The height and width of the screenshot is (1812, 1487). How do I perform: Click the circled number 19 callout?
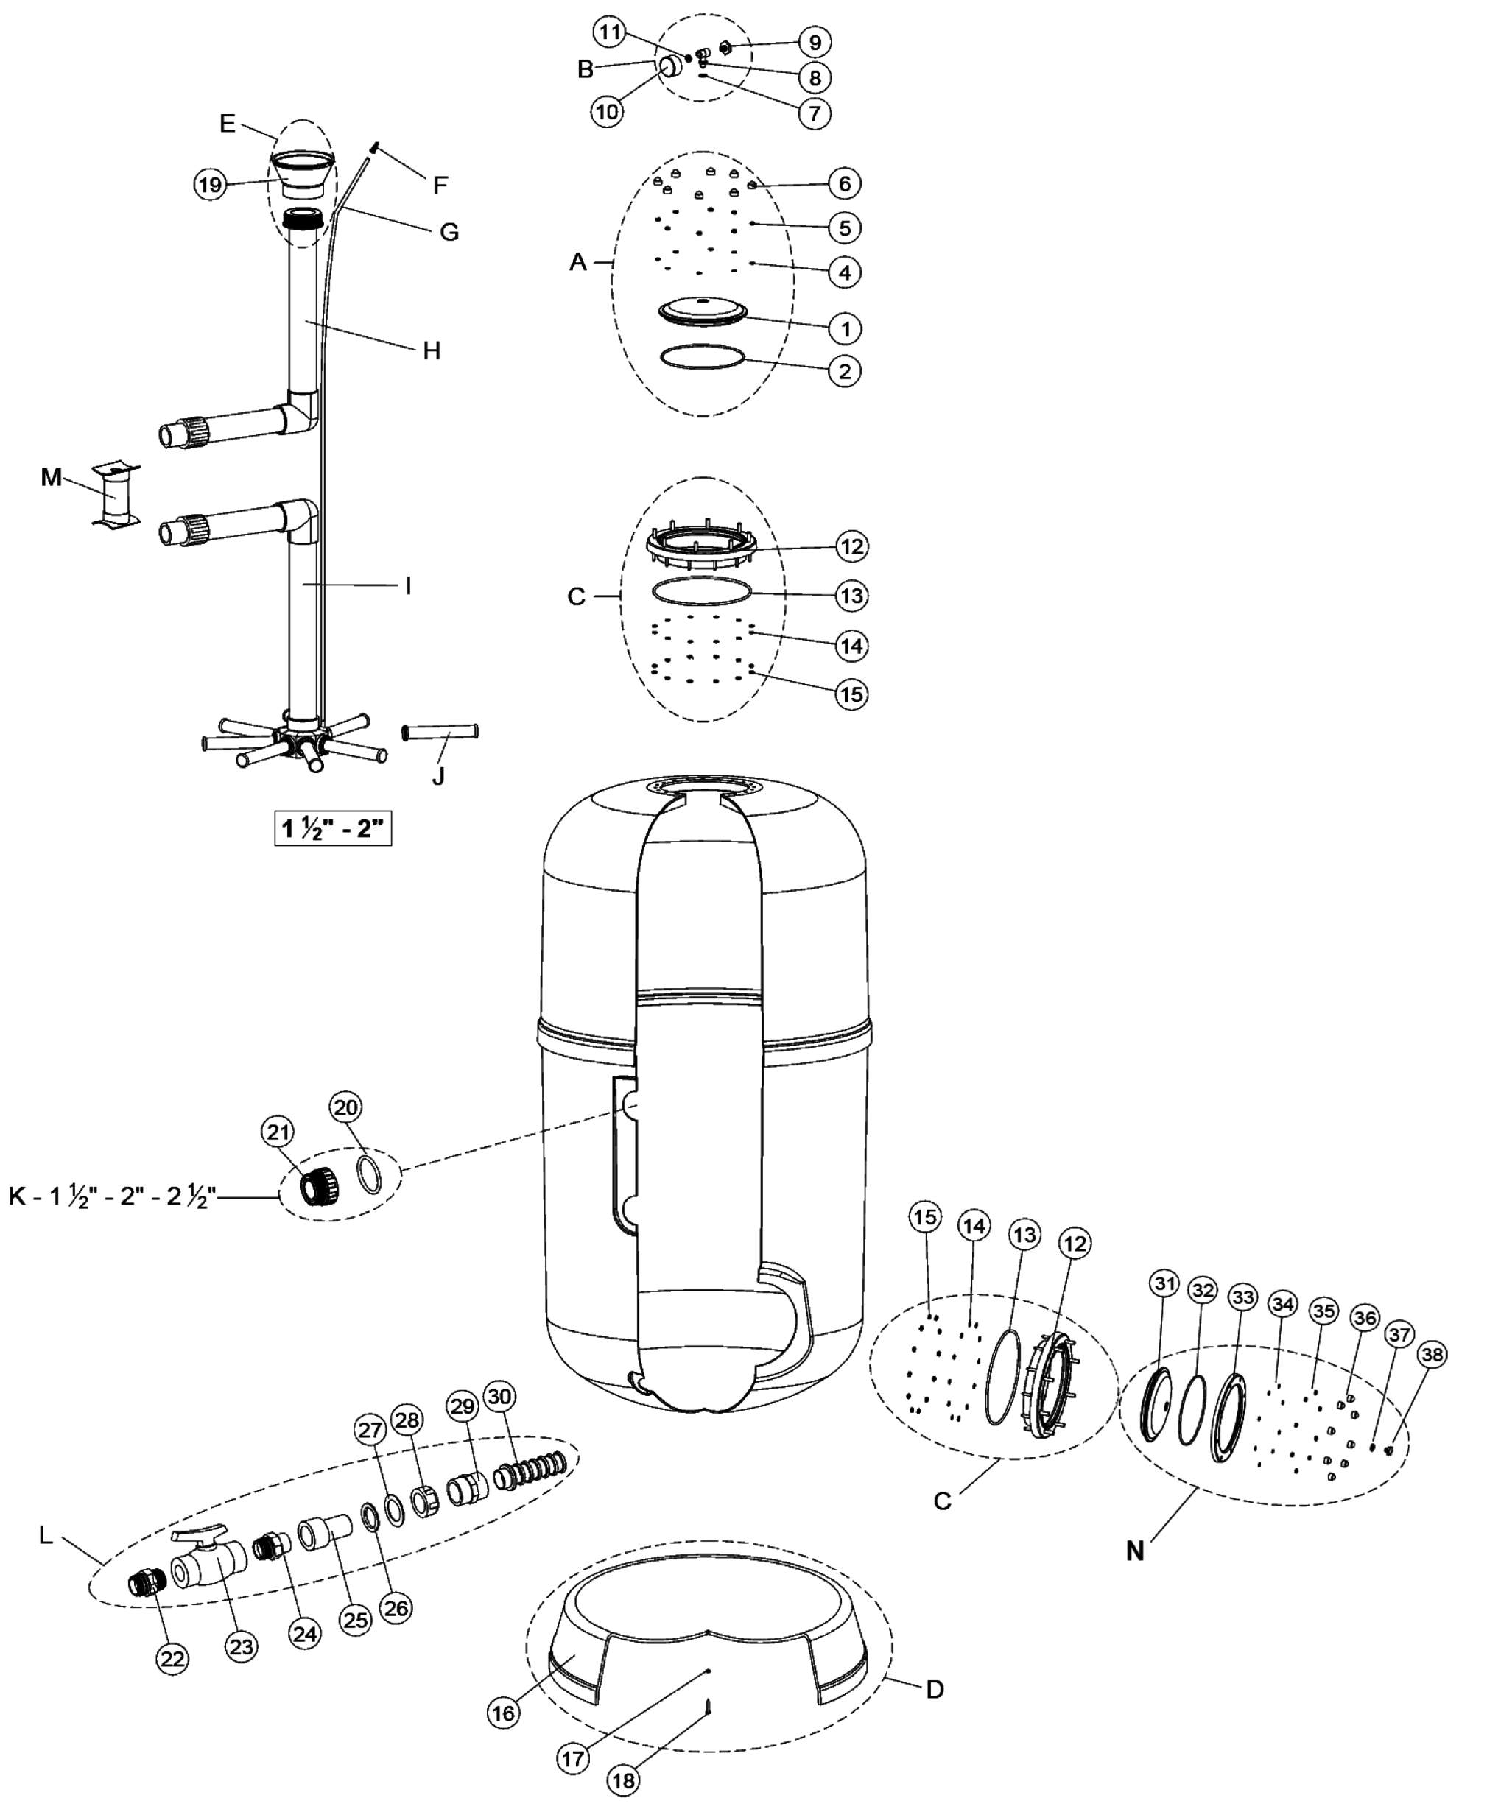210,185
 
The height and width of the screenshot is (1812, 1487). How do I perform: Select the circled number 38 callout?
1431,1354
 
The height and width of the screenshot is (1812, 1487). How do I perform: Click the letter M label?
51,477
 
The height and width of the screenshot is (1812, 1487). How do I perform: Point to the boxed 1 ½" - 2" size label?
332,828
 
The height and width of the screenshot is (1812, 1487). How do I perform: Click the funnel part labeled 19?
300,175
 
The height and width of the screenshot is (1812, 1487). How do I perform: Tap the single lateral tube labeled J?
440,733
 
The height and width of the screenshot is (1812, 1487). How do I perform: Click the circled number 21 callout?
278,1132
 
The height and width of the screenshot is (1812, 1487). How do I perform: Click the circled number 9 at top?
815,42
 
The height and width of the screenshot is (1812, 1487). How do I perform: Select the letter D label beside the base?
935,1690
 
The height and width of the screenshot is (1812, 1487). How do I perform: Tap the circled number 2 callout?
845,371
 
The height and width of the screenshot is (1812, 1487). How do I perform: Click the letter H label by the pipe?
431,350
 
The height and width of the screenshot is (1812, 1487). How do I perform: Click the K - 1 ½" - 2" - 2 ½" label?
111,1196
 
